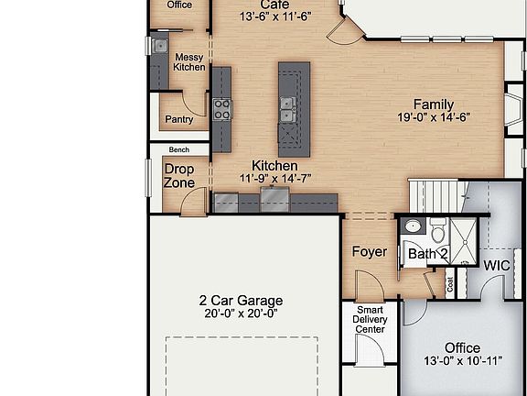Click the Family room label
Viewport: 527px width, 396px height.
[x=433, y=104]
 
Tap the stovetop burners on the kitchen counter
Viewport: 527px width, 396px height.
[x=222, y=109]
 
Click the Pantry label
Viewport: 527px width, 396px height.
[x=178, y=120]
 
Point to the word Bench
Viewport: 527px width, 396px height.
[x=178, y=149]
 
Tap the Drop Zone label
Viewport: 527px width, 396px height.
[x=179, y=175]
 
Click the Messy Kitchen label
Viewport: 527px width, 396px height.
[x=189, y=62]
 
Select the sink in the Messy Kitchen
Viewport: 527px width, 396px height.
[x=160, y=45]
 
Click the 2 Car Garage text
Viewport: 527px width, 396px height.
[x=241, y=300]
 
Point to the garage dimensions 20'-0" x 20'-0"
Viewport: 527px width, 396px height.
[x=241, y=313]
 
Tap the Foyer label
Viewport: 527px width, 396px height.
[x=369, y=251]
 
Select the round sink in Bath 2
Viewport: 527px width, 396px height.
[x=412, y=225]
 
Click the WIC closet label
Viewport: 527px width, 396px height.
[x=497, y=266]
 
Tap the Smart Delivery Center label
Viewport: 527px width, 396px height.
[x=371, y=320]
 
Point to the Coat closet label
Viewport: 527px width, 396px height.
[x=449, y=284]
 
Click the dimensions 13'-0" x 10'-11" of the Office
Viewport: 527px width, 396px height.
[x=462, y=361]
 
